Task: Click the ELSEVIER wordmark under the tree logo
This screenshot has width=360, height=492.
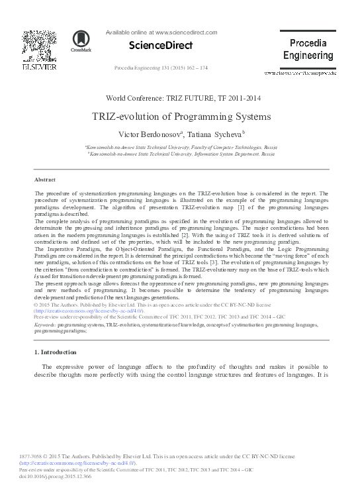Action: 40,67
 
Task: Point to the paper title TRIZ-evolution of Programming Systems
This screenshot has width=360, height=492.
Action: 181,117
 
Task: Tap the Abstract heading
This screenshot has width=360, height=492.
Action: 44,179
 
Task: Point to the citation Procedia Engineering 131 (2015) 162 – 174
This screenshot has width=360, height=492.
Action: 161,68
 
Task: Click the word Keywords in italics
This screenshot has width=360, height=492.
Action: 44,326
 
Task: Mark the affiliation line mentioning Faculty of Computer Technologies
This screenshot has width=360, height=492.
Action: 181,146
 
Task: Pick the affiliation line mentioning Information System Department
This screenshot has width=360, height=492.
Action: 181,153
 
